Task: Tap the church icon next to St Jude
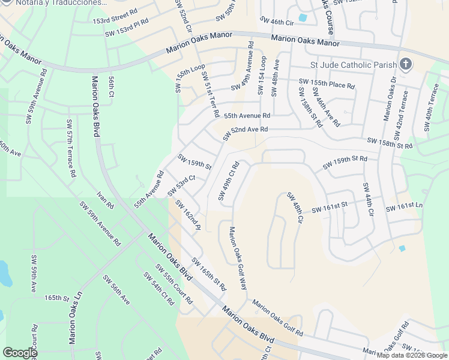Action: pos(406,64)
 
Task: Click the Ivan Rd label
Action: pos(105,200)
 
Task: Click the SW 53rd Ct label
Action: pos(182,185)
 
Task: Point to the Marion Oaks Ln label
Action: pos(75,319)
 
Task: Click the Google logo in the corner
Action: pos(20,353)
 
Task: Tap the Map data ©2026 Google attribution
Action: pos(412,355)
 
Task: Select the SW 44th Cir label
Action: pos(368,200)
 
